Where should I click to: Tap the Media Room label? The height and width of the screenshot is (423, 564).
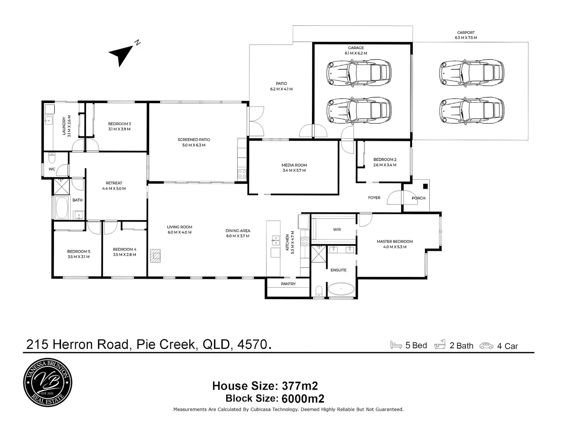tap(294, 165)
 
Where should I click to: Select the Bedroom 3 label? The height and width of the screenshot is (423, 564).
tap(119, 124)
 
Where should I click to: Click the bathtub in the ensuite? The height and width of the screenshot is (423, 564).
tap(341, 290)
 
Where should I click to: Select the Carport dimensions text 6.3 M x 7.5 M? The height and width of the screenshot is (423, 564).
tap(466, 38)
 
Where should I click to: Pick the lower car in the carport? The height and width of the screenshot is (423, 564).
tap(472, 110)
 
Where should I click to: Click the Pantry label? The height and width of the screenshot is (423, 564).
tap(288, 284)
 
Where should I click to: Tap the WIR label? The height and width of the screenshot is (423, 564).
tap(337, 230)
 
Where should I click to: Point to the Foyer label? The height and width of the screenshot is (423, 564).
tap(374, 198)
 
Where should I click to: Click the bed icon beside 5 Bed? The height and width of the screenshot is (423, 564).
tap(396, 345)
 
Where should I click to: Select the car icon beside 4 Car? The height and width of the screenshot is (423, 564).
tap(487, 346)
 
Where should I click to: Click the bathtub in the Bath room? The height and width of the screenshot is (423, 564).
tap(62, 208)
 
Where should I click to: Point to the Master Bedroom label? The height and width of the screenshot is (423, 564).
tap(395, 242)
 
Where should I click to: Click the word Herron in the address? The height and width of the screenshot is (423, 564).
tap(74, 345)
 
